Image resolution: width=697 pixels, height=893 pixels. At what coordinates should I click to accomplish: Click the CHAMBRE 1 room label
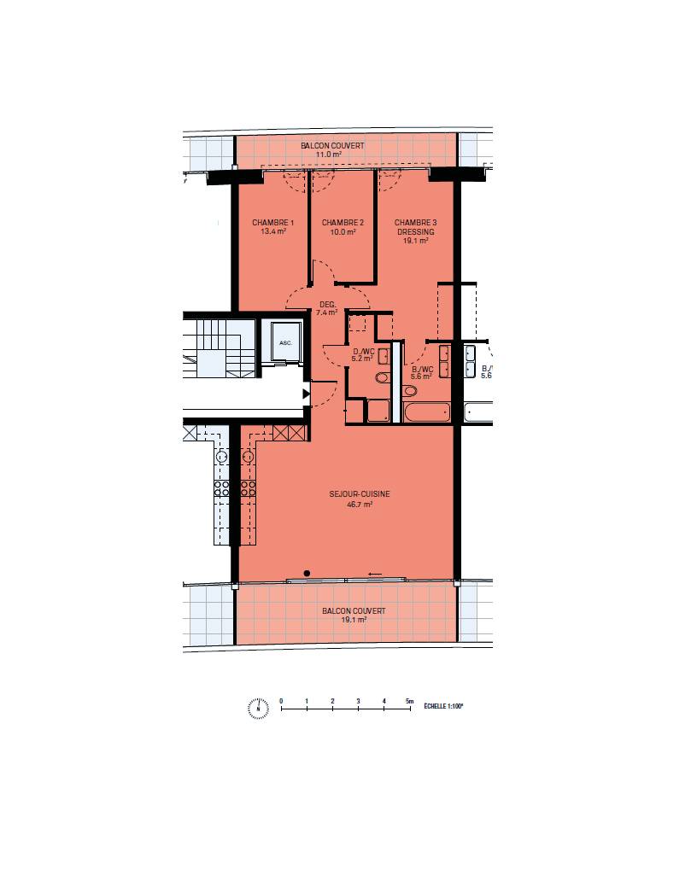point(273,223)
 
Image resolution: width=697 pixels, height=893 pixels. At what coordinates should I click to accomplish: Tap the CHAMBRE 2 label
point(343,223)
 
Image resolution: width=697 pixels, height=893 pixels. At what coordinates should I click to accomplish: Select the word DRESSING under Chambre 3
point(416,232)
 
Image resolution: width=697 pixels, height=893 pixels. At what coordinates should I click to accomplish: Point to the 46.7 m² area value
point(360,504)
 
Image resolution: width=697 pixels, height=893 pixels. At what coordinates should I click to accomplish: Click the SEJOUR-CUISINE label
point(360,493)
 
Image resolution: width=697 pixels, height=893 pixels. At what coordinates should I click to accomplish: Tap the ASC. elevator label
point(285,343)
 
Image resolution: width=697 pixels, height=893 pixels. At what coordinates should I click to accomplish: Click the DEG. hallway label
point(328,305)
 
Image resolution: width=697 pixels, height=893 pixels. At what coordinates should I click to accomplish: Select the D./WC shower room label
point(364,352)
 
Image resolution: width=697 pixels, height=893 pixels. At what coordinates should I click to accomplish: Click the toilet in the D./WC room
point(382,377)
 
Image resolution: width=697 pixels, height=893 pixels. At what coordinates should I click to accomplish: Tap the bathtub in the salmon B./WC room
point(427,412)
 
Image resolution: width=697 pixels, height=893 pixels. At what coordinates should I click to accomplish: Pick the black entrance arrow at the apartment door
point(306,394)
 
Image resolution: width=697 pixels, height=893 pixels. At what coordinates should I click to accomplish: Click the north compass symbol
point(258,708)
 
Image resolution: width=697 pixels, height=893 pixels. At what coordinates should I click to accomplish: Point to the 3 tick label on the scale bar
point(359,701)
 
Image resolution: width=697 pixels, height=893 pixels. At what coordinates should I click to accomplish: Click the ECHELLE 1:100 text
point(443,706)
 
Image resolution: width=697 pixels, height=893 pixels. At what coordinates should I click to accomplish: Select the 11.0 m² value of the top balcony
point(329,155)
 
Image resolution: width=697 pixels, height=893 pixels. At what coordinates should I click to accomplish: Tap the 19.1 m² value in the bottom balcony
point(354,620)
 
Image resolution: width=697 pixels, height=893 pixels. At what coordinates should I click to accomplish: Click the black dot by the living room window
point(307,574)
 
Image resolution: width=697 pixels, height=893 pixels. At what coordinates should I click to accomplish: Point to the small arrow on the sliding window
point(375,574)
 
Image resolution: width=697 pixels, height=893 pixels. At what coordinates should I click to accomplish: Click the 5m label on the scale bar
point(409,701)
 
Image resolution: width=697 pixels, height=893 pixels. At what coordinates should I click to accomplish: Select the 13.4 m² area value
point(273,232)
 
